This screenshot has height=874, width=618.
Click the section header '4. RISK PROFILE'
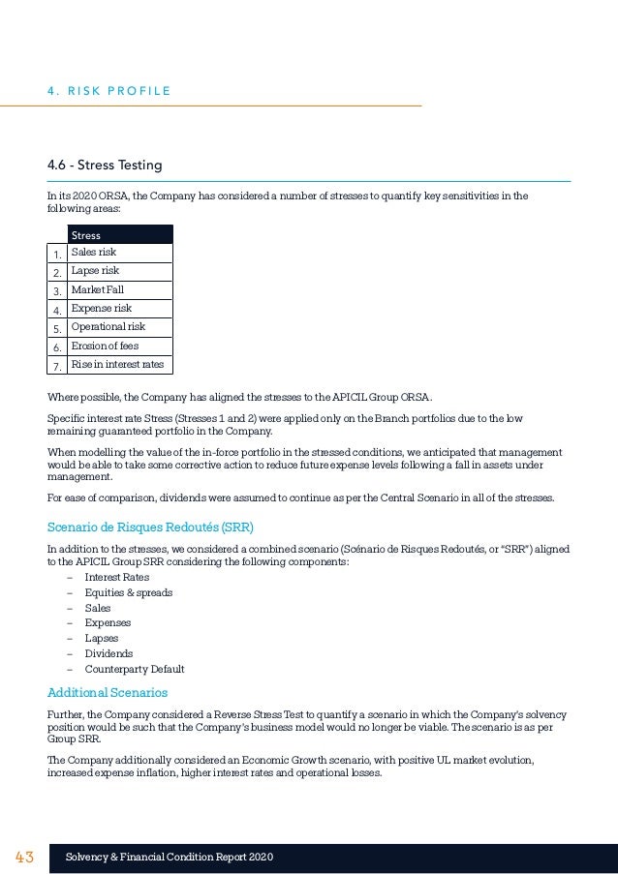pos(108,91)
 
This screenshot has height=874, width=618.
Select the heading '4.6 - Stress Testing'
pos(105,166)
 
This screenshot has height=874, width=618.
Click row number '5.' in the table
pos(57,329)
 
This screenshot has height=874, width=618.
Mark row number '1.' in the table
pos(57,255)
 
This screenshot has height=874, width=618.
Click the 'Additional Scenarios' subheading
pos(108,692)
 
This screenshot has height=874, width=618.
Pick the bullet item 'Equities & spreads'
pos(129,592)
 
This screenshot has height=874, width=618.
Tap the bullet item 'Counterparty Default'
pos(134,669)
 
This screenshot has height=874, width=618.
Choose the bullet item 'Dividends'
pos(108,653)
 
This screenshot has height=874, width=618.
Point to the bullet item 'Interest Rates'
pos(116,577)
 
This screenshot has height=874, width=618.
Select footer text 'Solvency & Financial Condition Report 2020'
pos(170,859)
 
